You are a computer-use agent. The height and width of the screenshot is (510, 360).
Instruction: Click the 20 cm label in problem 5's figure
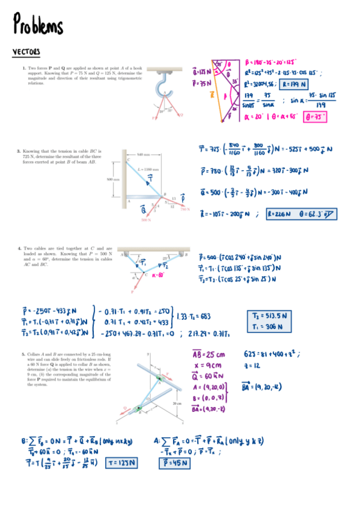point(177,402)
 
